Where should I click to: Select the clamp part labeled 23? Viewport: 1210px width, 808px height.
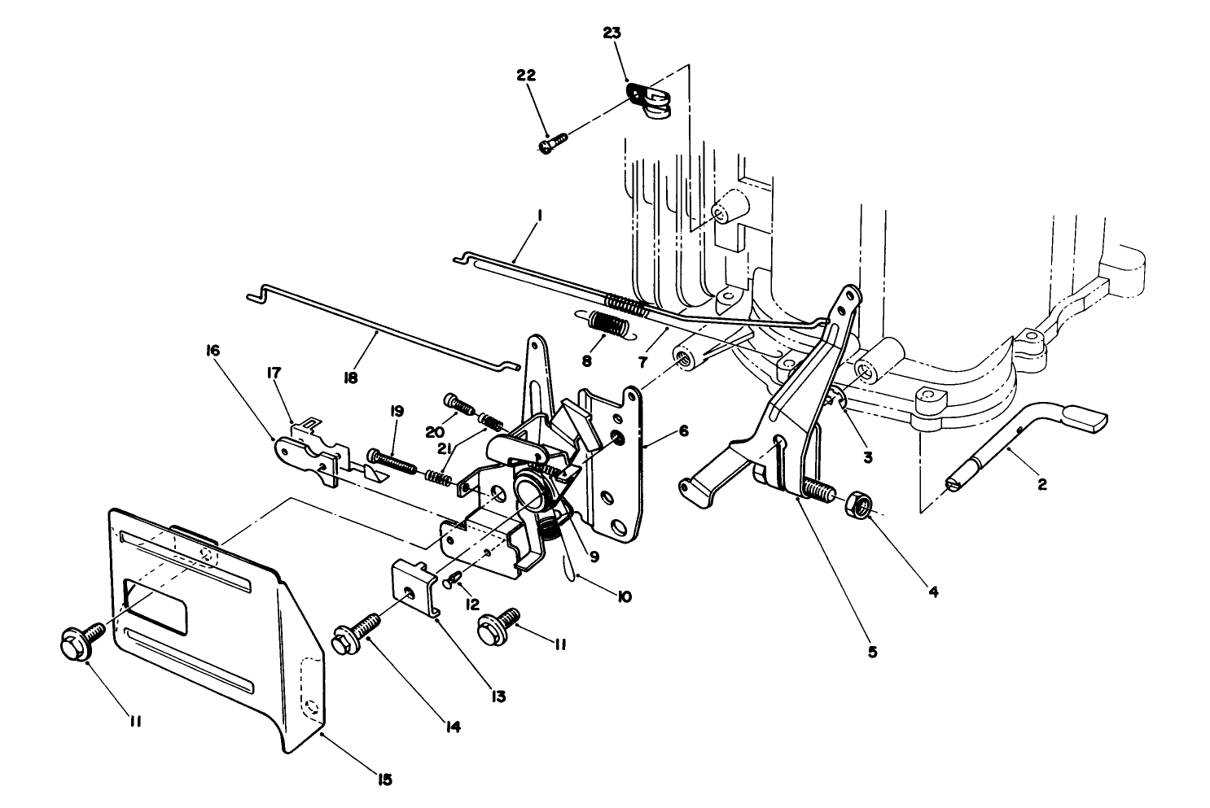click(x=651, y=101)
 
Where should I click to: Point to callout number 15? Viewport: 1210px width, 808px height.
click(x=384, y=780)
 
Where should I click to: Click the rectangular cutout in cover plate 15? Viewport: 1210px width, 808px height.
click(x=155, y=607)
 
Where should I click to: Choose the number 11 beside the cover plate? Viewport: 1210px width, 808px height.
click(x=134, y=720)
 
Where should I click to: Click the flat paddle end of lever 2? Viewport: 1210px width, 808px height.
click(x=1085, y=418)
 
